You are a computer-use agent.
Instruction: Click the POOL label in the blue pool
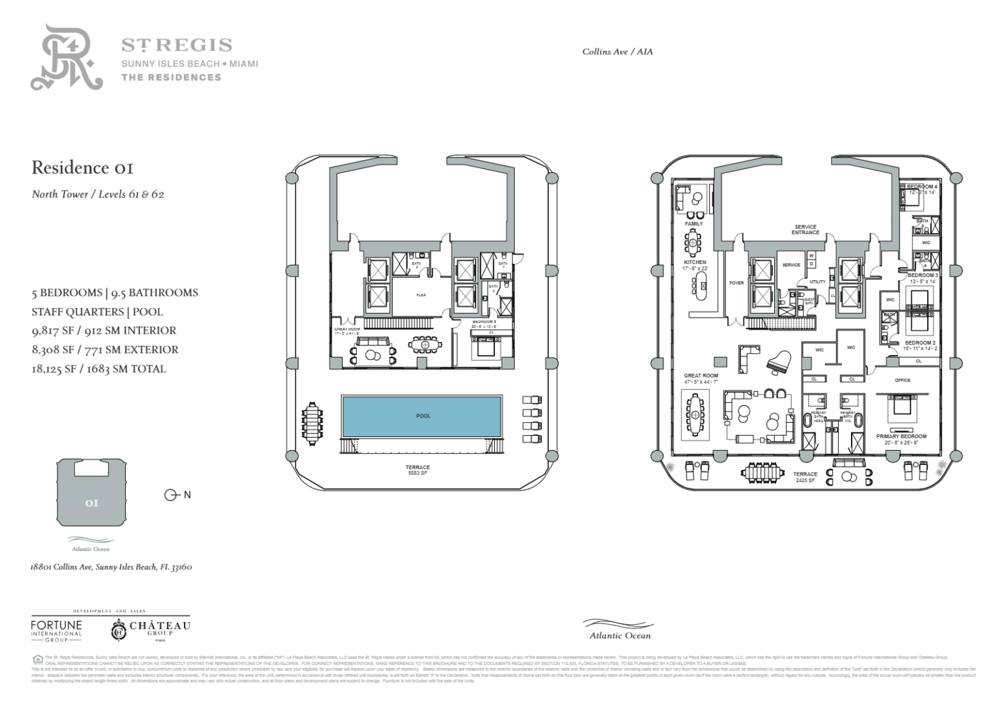[x=423, y=416]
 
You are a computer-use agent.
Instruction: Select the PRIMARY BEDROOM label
[x=901, y=436]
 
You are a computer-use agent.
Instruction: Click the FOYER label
[x=736, y=283]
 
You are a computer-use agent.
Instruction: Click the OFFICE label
[x=903, y=380]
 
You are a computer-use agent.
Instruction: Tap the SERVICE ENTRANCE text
[x=805, y=230]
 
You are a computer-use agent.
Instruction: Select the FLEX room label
[x=421, y=295]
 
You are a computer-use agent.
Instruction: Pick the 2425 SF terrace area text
[x=805, y=480]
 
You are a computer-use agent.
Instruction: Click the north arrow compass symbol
[x=172, y=495]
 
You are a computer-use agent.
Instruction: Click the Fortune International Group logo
[x=57, y=629]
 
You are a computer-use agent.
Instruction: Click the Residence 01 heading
[x=83, y=168]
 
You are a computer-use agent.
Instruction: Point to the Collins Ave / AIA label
[x=617, y=52]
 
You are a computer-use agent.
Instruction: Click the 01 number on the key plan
[x=92, y=503]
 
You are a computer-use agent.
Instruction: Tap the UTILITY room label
[x=817, y=282]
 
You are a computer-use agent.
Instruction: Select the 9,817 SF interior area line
[x=104, y=330]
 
